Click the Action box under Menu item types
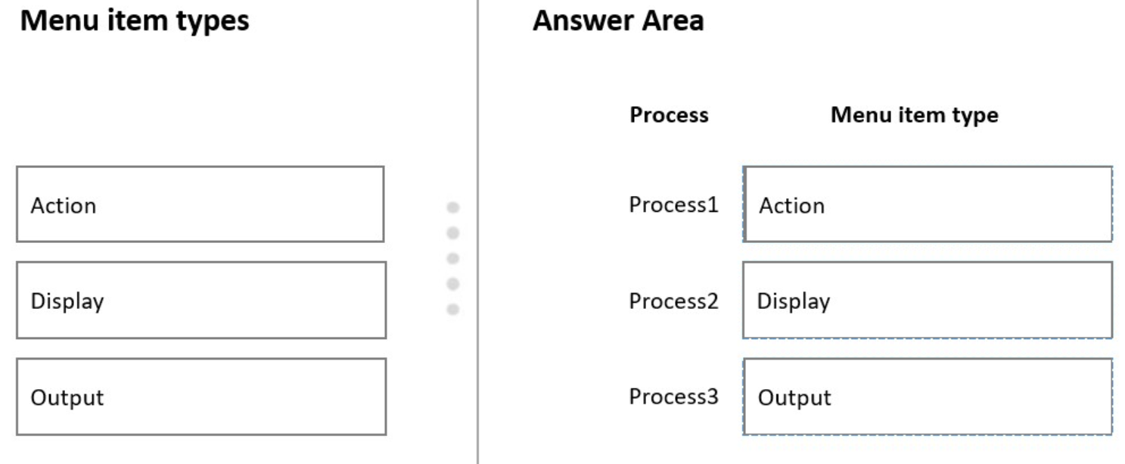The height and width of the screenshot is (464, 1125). click(x=200, y=204)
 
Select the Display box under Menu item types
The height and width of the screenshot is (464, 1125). click(x=201, y=300)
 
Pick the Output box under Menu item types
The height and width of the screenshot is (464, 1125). click(x=201, y=397)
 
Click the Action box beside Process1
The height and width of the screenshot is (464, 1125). click(x=928, y=204)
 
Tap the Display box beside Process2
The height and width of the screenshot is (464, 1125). click(x=928, y=300)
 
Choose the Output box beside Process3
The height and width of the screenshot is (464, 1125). click(x=928, y=397)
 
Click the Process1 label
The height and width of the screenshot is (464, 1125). click(x=673, y=204)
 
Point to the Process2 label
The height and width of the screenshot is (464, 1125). click(x=673, y=301)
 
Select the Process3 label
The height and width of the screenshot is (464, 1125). click(x=673, y=397)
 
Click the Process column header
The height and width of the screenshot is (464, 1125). click(x=669, y=114)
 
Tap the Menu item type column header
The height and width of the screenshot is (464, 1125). click(x=915, y=115)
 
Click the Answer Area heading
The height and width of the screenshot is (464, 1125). click(x=618, y=20)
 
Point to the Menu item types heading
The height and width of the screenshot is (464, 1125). click(x=135, y=21)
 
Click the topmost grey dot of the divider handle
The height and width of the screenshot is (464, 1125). click(x=453, y=207)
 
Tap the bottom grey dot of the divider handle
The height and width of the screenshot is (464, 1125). click(x=453, y=309)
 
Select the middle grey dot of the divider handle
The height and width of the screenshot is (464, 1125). click(x=453, y=258)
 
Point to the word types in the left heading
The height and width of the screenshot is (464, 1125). click(x=213, y=23)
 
